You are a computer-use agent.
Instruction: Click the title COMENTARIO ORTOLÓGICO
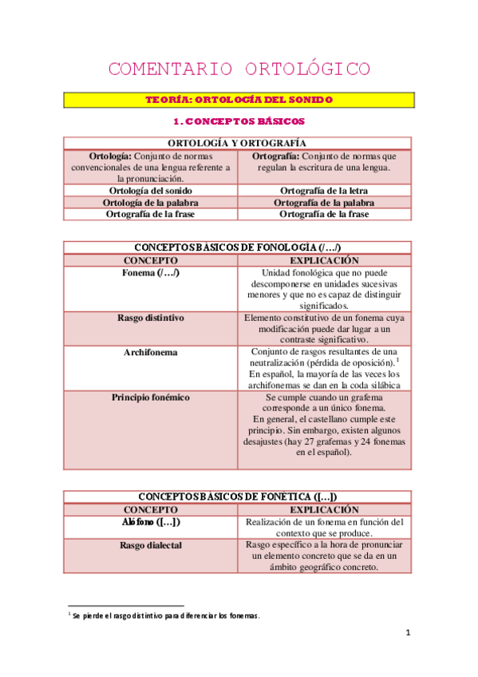[239, 69]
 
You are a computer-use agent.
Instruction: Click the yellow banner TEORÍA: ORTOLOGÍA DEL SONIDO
[239, 101]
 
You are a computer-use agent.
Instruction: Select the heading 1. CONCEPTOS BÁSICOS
[239, 122]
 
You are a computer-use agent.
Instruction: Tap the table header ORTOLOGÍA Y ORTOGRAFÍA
[239, 143]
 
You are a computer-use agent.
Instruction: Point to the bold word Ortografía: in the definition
[277, 156]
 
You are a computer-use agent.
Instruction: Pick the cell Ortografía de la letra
[325, 192]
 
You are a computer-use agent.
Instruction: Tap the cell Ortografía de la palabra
[325, 203]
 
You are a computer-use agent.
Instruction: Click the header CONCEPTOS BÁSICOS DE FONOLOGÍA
[239, 248]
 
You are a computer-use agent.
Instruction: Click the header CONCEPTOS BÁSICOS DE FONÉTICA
[239, 497]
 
